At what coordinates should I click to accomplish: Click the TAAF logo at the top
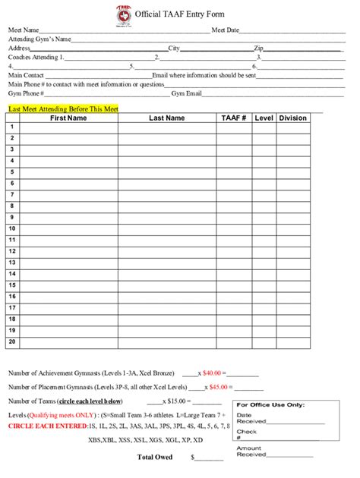(122, 14)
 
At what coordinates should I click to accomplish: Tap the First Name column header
(69, 118)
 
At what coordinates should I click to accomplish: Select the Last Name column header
(166, 118)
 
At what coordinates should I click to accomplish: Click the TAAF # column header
(234, 118)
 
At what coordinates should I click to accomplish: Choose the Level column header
(264, 118)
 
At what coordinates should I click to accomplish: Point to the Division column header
(293, 118)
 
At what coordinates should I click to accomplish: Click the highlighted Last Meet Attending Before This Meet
(63, 109)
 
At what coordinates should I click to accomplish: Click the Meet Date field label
(226, 30)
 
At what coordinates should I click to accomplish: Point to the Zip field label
(259, 48)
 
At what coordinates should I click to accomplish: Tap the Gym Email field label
(187, 93)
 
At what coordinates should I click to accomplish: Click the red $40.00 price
(214, 373)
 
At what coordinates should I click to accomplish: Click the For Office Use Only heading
(270, 404)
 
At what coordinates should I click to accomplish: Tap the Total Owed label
(154, 457)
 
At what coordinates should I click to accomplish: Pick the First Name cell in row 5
(69, 172)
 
